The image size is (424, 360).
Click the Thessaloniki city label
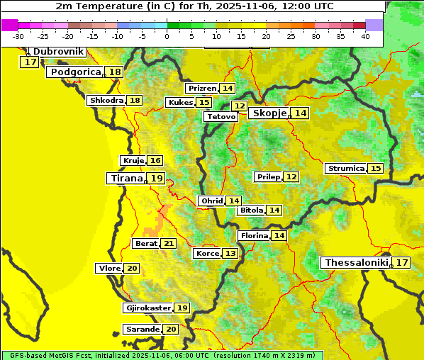tap(356, 263)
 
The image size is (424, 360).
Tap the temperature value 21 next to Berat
tap(168, 244)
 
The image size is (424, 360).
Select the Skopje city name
tap(269, 113)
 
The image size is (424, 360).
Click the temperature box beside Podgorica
tap(114, 72)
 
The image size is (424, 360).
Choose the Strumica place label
tap(345, 169)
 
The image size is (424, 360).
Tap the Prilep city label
tap(268, 176)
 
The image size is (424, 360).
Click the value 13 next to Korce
tap(230, 254)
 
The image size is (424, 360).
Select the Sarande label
tap(142, 330)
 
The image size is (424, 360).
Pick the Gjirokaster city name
tap(147, 308)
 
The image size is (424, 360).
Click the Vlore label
tap(109, 269)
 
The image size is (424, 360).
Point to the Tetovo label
tap(221, 117)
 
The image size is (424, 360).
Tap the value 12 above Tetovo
tap(240, 106)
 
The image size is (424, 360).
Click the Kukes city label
tap(179, 103)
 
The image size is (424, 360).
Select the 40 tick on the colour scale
tap(365, 36)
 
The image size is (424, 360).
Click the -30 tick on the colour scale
tap(18, 36)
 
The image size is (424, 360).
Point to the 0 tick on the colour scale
tap(167, 36)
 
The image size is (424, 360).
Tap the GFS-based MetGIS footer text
tap(162, 355)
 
